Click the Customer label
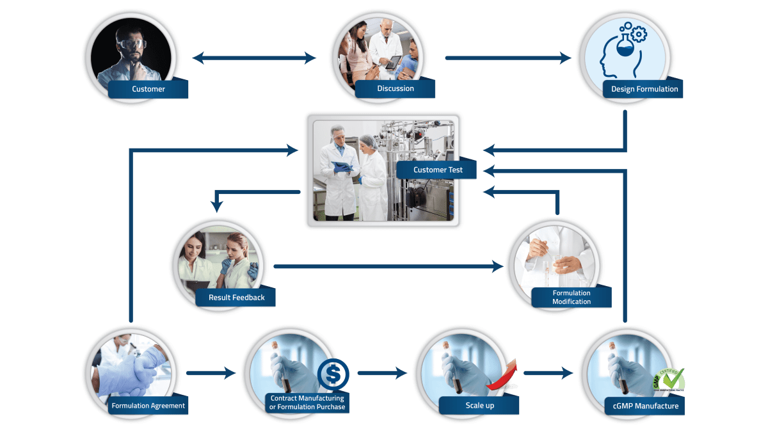(148, 89)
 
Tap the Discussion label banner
(395, 88)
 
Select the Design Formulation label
(644, 89)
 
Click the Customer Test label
(438, 170)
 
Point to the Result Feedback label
(236, 298)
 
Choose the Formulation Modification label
(572, 297)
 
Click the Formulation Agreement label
(148, 406)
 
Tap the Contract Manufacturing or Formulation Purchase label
(307, 403)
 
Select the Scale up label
(479, 406)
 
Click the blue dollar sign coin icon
(333, 374)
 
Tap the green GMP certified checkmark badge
(669, 379)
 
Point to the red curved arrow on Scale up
(504, 378)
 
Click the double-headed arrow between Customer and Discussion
(255, 58)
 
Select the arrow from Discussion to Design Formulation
(508, 58)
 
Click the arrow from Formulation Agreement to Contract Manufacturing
(211, 373)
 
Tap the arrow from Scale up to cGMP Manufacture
(548, 372)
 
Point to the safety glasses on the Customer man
(132, 45)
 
